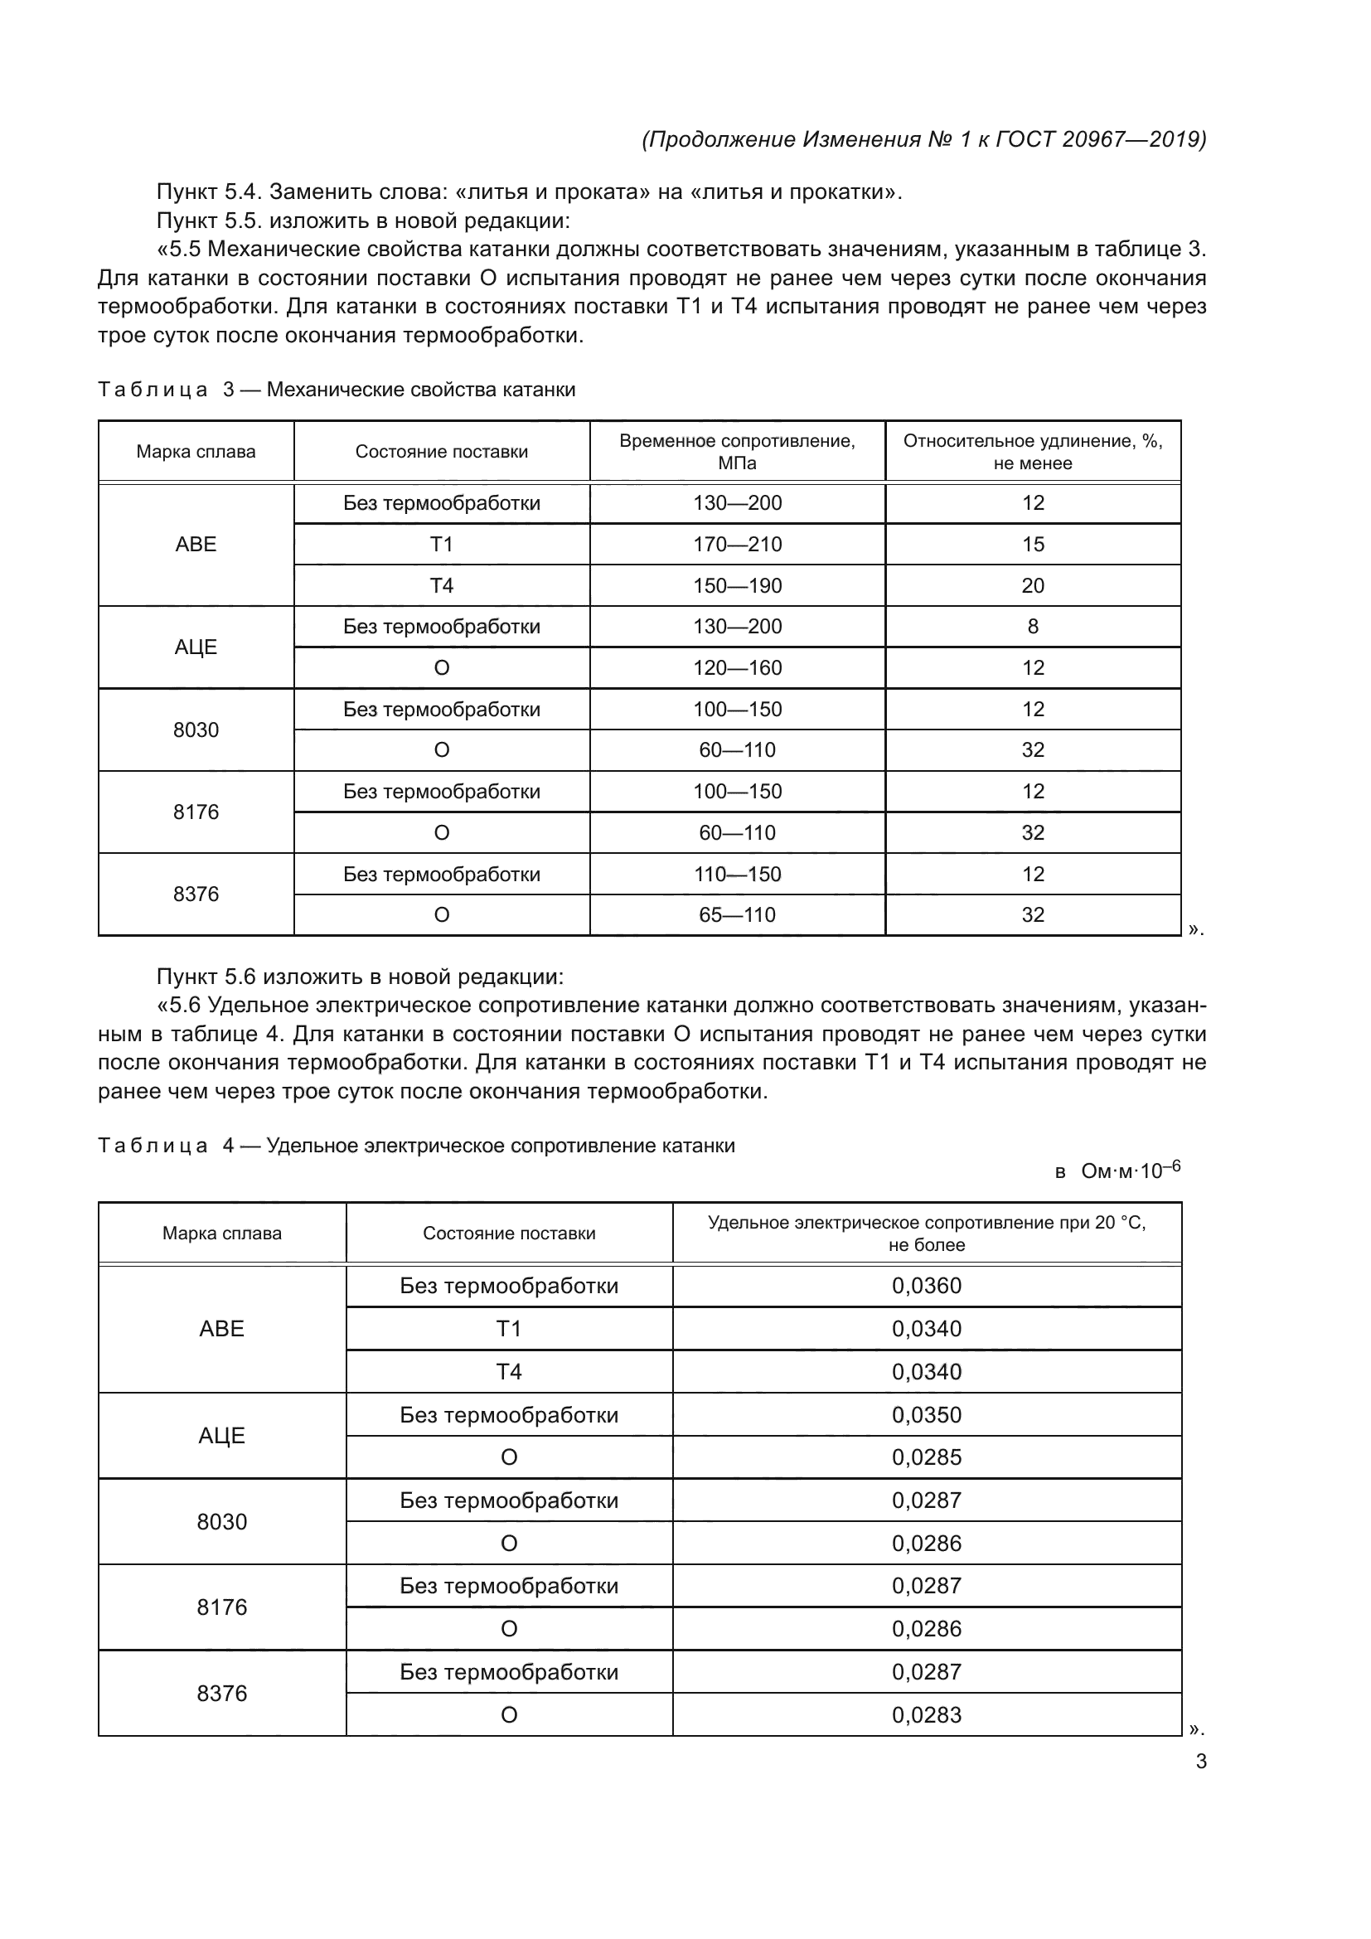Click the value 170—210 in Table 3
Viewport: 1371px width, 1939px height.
coord(737,545)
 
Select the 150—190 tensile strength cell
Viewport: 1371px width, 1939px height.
coord(737,586)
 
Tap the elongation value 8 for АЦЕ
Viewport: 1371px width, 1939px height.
coord(1033,627)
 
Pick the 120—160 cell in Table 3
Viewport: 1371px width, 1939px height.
coord(737,668)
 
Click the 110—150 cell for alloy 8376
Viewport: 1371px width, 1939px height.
coord(737,874)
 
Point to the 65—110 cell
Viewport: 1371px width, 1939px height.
coord(737,914)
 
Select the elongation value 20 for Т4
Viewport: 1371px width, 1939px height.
coord(1033,586)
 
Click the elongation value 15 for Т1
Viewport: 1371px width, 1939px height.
coord(1033,545)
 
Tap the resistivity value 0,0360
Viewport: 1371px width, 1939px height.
coord(926,1287)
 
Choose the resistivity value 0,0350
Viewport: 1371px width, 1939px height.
coord(926,1414)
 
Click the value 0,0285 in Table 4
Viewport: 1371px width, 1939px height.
coord(926,1457)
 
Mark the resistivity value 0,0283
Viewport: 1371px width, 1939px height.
coord(926,1714)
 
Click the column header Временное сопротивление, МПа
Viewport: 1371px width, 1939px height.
coord(737,452)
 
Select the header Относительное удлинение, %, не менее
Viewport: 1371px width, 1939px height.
coord(1033,452)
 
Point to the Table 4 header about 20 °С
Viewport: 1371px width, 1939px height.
coord(926,1233)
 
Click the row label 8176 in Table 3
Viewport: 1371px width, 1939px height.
coord(196,812)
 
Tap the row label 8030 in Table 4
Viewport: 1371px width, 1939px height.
coord(222,1522)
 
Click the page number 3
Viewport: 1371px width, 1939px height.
coord(1200,1762)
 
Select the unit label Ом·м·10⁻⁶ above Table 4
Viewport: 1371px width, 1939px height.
coord(1129,1171)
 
